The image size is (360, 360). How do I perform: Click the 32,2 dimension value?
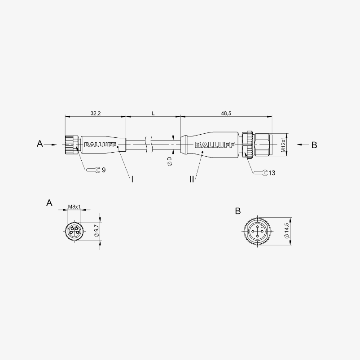click(x=96, y=113)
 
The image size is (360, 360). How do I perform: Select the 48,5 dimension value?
click(x=226, y=113)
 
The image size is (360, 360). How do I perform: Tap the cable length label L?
click(x=153, y=113)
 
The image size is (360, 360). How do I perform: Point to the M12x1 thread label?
click(x=283, y=145)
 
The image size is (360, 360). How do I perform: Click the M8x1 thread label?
click(x=74, y=206)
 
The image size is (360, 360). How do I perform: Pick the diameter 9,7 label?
click(x=97, y=231)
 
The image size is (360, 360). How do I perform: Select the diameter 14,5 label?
click(x=287, y=231)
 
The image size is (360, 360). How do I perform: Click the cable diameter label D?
click(x=169, y=161)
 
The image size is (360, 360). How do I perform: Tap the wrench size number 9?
click(x=104, y=170)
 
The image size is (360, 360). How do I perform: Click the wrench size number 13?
click(x=272, y=173)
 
